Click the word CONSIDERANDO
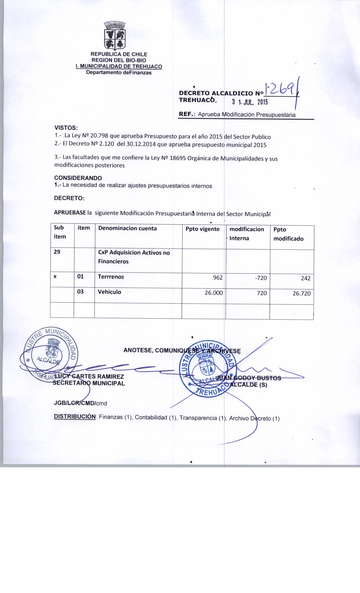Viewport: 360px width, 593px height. coord(78,178)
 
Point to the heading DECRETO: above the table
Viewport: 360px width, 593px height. coord(69,198)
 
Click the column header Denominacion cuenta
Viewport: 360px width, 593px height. coord(127,228)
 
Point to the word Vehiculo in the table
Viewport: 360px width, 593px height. coord(110,292)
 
